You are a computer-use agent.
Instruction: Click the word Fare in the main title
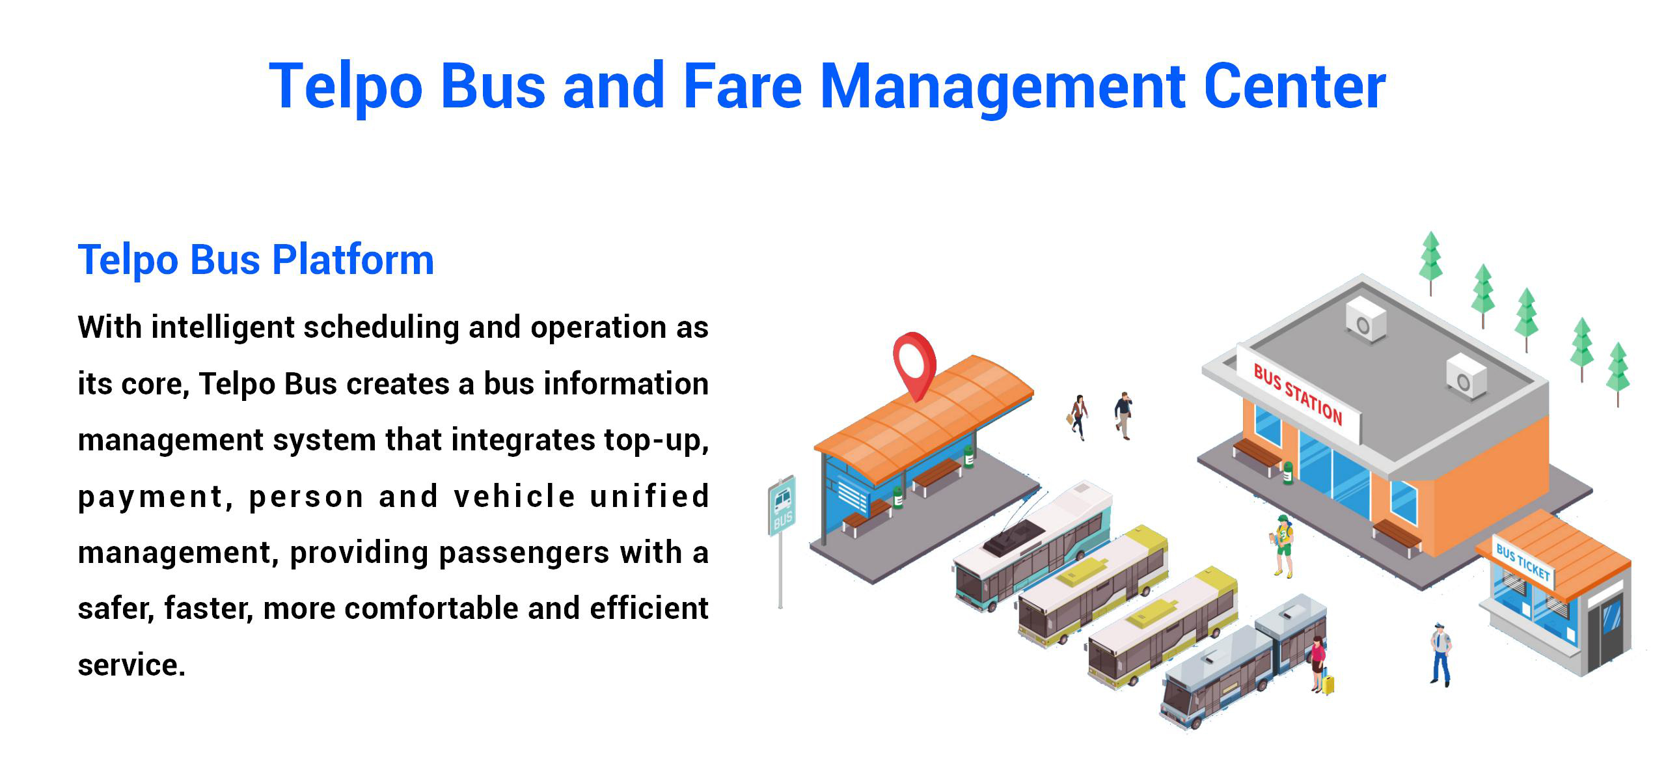point(742,86)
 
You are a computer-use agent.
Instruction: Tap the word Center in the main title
point(1295,86)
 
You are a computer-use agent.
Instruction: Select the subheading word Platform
point(353,260)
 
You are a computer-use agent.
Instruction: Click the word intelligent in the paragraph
point(223,328)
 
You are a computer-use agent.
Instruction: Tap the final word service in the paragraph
point(131,665)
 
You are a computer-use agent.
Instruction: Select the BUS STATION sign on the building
point(1298,395)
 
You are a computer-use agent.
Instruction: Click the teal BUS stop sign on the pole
point(782,506)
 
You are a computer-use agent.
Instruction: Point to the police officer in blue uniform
point(1441,654)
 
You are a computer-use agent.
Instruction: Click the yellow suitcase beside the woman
point(1327,684)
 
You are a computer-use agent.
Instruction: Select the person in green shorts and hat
point(1283,545)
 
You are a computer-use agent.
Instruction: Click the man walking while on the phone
point(1123,415)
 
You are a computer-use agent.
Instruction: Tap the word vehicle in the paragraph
point(514,497)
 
